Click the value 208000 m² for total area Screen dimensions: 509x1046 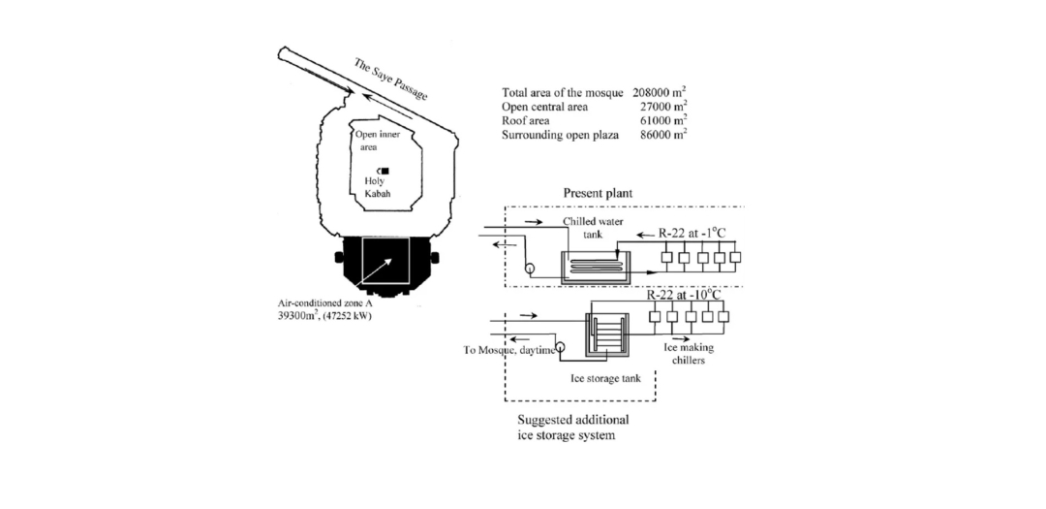pos(659,91)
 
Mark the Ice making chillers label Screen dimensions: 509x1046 pos(689,353)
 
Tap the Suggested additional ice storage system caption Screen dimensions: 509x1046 pos(574,427)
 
